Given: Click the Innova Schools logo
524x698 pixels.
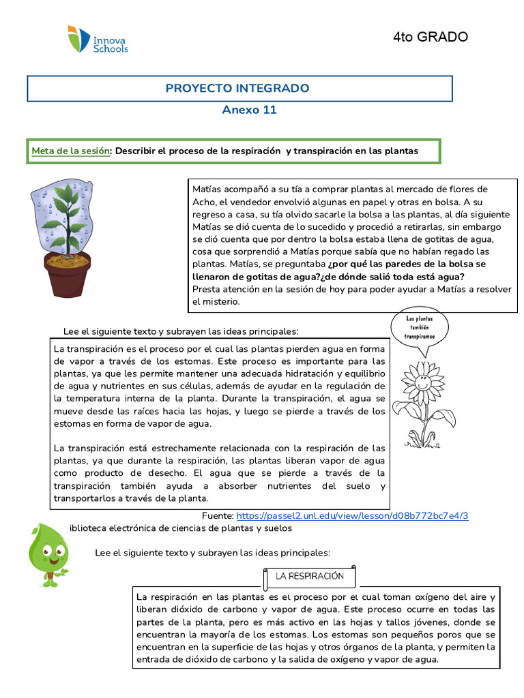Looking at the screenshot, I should coord(98,40).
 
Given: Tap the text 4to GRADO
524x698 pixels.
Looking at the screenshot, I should coord(431,37).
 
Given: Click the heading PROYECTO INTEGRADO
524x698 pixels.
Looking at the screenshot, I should coord(237,89).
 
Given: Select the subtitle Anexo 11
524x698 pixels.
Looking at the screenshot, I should coord(250,110).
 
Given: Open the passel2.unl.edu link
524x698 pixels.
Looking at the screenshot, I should coord(353,516).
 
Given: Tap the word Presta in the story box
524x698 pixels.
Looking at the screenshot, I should coord(206,288).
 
